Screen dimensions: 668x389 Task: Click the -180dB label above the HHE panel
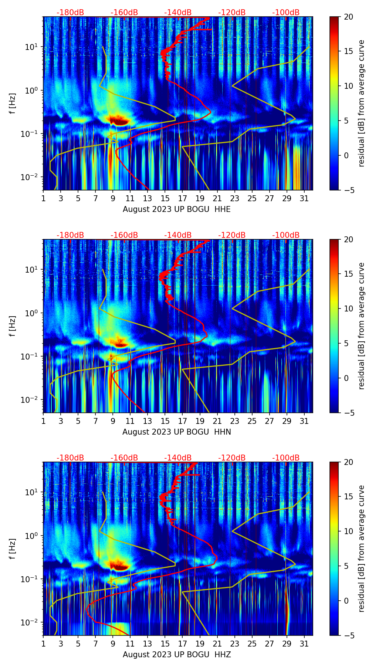(x=70, y=13)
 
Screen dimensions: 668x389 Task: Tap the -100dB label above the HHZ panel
(x=286, y=458)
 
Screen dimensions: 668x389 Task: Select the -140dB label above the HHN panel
(x=178, y=235)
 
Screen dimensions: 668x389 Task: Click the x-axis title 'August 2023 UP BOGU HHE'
(x=176, y=209)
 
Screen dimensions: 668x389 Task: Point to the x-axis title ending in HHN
(x=176, y=432)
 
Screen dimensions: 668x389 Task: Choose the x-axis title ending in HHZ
(x=176, y=655)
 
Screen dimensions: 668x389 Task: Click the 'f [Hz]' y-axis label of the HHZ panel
(x=13, y=549)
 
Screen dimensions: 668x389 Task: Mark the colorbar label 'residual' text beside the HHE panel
(x=361, y=104)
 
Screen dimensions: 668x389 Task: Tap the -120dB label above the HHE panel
(x=232, y=13)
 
